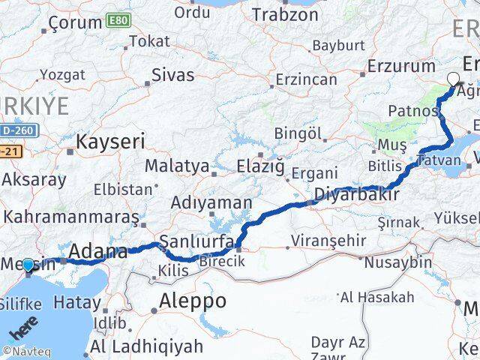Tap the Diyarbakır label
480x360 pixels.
coord(354,196)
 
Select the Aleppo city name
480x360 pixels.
coord(193,301)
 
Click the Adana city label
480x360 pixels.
coord(97,253)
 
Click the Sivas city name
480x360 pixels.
coord(172,75)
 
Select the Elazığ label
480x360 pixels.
coord(260,165)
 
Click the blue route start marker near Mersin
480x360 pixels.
coord(28,265)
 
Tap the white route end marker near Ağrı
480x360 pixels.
coord(453,78)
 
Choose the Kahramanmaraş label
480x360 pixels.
coord(71,217)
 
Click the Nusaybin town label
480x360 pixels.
coord(397,262)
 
